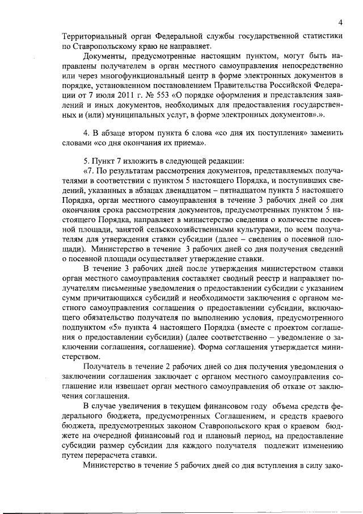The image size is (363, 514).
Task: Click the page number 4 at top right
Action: pyautogui.click(x=339, y=22)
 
